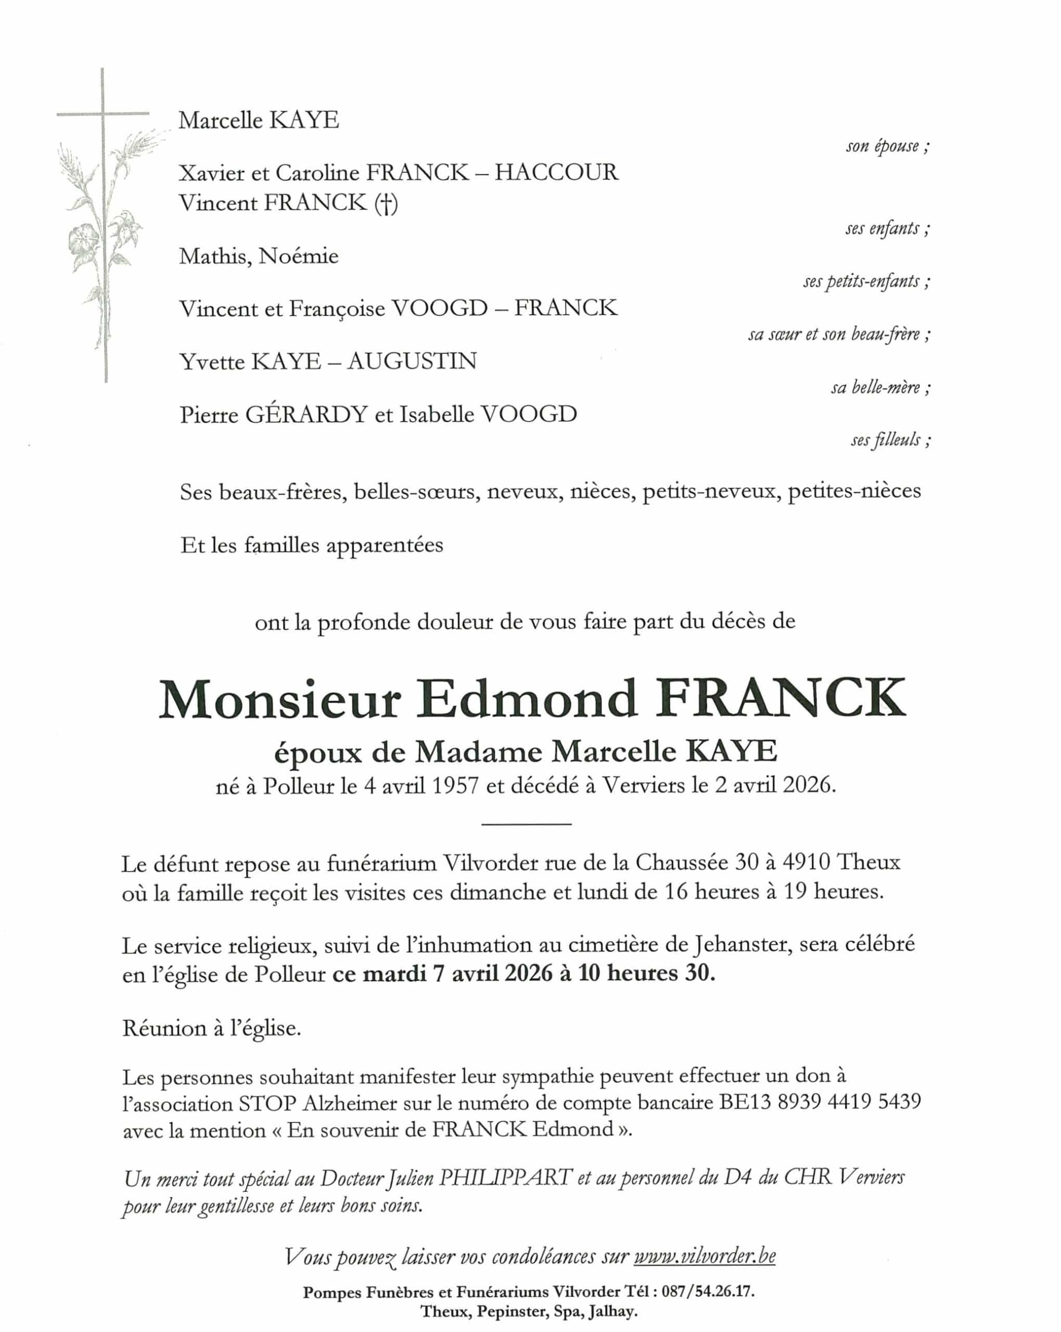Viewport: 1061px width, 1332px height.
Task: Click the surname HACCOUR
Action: point(556,172)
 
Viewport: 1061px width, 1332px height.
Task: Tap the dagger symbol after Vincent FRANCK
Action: point(386,203)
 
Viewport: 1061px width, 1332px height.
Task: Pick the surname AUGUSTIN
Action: point(412,361)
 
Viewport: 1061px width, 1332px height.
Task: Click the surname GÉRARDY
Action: point(306,414)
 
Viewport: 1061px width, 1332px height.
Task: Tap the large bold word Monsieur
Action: point(280,700)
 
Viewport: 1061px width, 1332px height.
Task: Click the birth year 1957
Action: point(455,785)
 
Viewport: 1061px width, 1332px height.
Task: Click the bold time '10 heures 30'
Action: point(646,973)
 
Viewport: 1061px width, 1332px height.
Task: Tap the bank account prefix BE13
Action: point(745,1102)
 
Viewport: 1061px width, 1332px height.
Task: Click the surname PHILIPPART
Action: point(504,1177)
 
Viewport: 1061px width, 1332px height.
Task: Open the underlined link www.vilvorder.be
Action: point(705,1256)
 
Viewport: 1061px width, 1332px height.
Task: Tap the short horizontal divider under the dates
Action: point(526,824)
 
